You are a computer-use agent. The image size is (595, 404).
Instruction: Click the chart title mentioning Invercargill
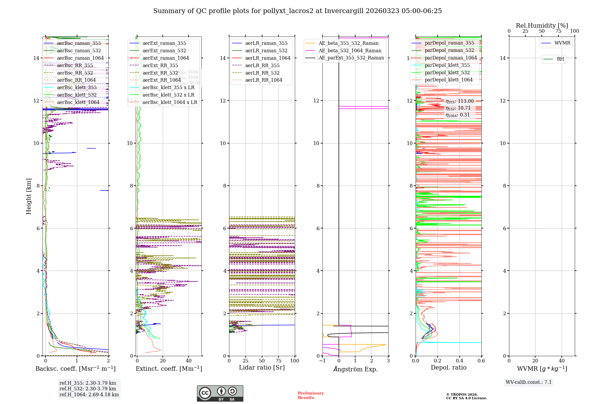pos(297,11)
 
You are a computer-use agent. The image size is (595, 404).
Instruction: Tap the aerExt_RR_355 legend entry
pos(160,65)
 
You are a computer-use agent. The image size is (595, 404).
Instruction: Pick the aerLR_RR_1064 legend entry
pos(264,80)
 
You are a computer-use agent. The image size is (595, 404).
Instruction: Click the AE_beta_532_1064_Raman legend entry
pos(350,51)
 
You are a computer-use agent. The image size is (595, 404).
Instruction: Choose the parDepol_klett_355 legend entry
pos(447,65)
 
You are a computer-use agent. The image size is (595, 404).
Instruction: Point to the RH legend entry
pos(560,59)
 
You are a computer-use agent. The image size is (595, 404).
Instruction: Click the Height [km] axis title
pos(29,196)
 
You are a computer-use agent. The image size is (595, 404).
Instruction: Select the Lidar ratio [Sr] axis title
pos(262,368)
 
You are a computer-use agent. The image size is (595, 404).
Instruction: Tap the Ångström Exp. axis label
pos(356,369)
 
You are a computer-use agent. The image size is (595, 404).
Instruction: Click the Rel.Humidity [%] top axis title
pos(542,26)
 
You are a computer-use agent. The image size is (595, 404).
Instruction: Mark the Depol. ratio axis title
pos(448,368)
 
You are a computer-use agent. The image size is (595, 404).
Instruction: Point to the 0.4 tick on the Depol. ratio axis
pos(459,361)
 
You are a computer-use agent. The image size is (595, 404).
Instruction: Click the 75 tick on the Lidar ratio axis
pos(278,361)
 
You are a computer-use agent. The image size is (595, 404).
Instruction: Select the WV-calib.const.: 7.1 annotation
pos(529,382)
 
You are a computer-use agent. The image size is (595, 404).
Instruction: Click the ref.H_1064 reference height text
pos(89,395)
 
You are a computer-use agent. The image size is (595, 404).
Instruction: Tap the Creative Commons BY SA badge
pos(220,394)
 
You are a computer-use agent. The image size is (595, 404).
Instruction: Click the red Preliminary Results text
pos(311,395)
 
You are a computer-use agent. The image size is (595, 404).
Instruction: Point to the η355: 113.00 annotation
pos(459,101)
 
